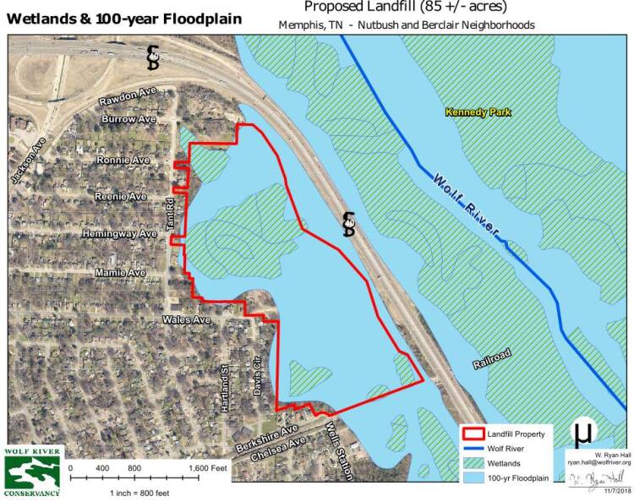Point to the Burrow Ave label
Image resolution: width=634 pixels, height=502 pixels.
tap(128, 120)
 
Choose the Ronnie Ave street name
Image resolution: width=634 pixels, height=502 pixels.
tap(123, 160)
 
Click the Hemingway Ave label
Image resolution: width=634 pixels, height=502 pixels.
tap(119, 233)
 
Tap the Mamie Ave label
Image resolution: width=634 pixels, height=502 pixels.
tap(121, 273)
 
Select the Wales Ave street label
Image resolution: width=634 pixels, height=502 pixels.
tap(186, 320)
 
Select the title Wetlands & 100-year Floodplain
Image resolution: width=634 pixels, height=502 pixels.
tap(123, 19)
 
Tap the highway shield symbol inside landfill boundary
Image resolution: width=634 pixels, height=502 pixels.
tap(348, 223)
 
